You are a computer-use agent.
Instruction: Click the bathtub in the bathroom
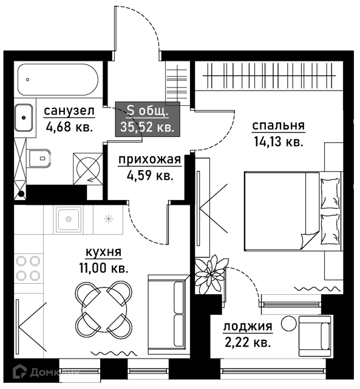click(58, 80)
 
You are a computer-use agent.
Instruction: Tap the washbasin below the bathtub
click(24, 117)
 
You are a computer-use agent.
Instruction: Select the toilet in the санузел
click(39, 158)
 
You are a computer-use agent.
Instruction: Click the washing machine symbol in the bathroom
click(88, 169)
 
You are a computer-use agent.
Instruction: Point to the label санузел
click(69, 111)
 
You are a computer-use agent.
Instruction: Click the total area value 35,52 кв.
click(148, 128)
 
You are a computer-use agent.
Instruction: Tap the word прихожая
click(150, 159)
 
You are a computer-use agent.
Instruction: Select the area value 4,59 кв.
click(150, 176)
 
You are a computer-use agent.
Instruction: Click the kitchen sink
click(69, 219)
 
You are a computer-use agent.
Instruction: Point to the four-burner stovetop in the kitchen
click(28, 268)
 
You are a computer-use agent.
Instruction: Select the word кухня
click(104, 253)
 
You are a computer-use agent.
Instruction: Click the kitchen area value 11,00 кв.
click(104, 268)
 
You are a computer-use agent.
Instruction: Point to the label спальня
click(279, 126)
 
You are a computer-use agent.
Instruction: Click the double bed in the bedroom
click(294, 211)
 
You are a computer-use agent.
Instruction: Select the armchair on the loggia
click(314, 336)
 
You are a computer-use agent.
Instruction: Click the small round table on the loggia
click(289, 323)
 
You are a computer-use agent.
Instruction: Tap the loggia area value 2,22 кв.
click(248, 342)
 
